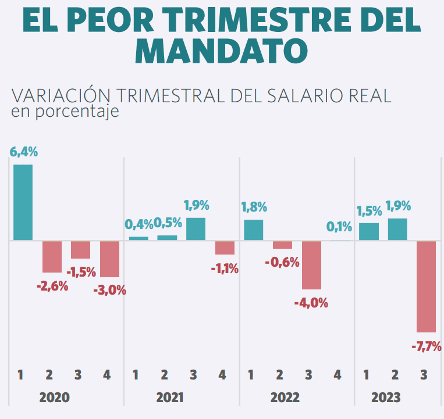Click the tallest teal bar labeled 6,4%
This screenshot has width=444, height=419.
click(x=23, y=202)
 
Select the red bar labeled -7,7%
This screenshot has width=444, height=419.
click(x=426, y=286)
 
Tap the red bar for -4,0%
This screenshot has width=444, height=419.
click(x=311, y=265)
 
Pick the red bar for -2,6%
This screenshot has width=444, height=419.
click(x=52, y=256)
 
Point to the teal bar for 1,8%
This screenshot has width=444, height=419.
click(x=253, y=230)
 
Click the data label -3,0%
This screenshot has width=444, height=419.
click(x=109, y=290)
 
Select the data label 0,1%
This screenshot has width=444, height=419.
click(x=339, y=225)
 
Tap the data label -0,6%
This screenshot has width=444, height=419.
click(x=282, y=262)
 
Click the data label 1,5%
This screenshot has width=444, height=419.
click(x=368, y=211)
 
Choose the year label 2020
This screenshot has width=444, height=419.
click(x=54, y=397)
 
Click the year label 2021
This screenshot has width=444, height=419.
click(x=170, y=397)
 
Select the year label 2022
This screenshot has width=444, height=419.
click(x=285, y=397)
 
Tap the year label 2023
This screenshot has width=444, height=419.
click(x=386, y=397)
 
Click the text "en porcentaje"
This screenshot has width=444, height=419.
click(x=65, y=111)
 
